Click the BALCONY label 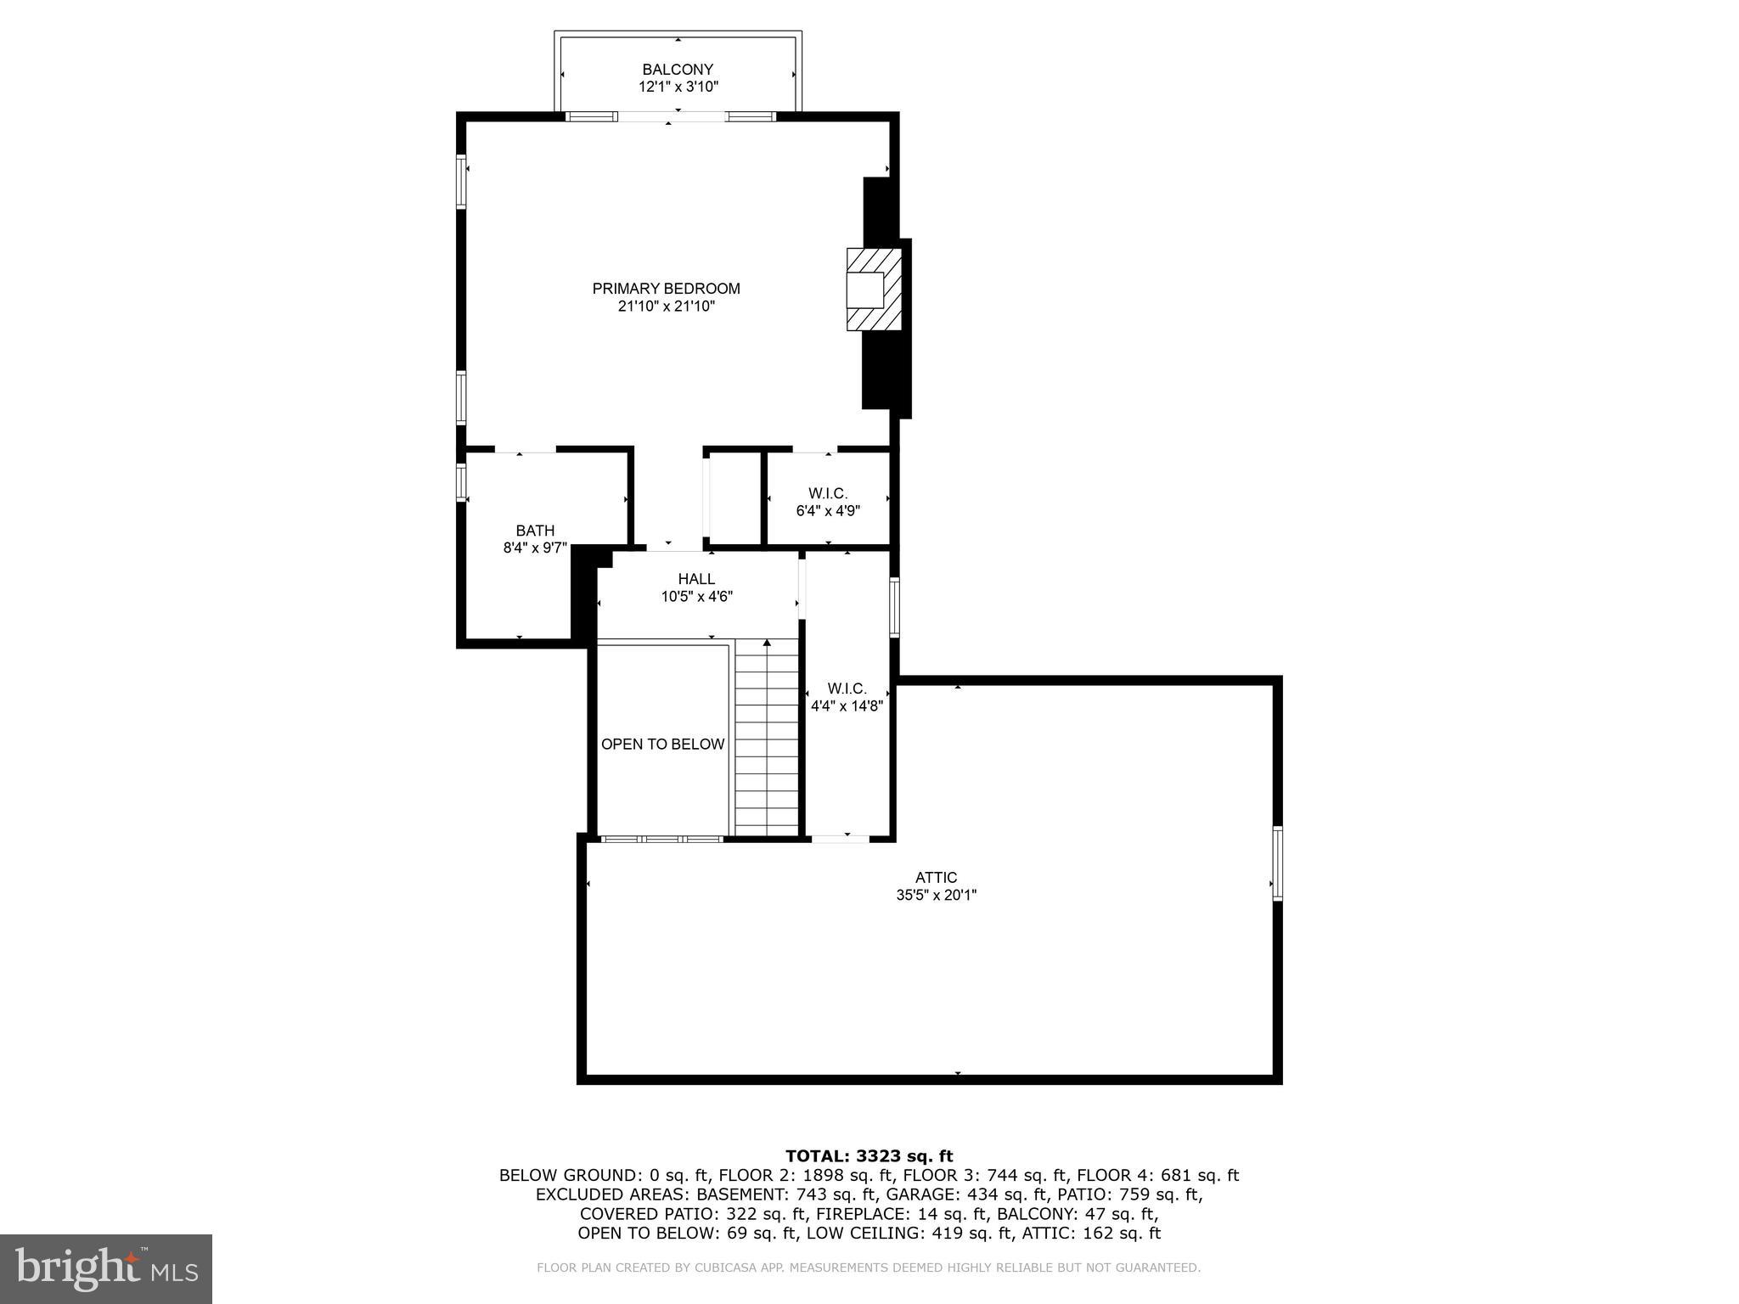click(x=677, y=70)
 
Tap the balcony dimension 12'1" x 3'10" click(x=678, y=87)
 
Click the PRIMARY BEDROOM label click(x=666, y=289)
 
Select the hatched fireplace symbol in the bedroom click(x=873, y=289)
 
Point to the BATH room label click(x=535, y=531)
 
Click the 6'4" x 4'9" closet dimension click(x=828, y=511)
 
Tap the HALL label click(x=696, y=579)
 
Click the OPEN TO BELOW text click(x=662, y=745)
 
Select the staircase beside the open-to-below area click(x=767, y=739)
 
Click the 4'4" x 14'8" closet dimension click(x=847, y=705)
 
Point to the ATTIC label click(x=936, y=878)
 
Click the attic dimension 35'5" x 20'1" click(x=936, y=895)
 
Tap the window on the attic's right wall click(x=1277, y=863)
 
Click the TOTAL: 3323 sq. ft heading click(x=869, y=1156)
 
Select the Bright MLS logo click(x=106, y=1268)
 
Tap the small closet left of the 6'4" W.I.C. click(x=734, y=498)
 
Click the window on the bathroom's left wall click(x=461, y=481)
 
